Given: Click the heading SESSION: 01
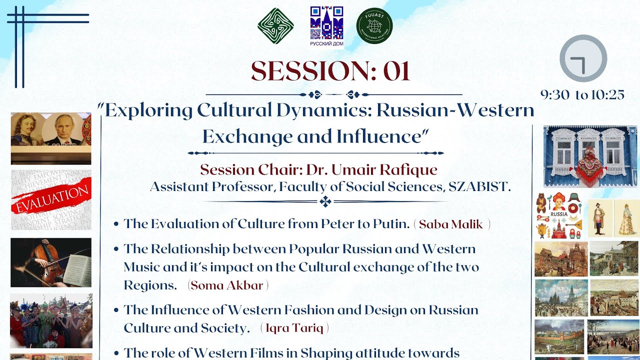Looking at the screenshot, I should pos(330,71).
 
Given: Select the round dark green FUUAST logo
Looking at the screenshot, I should pos(374,26).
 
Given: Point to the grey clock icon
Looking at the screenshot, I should pos(583,58).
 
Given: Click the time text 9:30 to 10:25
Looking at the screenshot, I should pos(582,95).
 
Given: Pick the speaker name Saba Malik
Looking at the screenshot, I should pos(451,224).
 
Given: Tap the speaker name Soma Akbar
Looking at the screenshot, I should pos(227,285).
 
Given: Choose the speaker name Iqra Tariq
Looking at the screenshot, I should pos(294,328).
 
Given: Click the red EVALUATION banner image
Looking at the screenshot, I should pos(51,199).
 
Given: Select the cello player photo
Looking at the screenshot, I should pos(51,262).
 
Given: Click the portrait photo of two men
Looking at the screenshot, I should pos(51,137).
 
